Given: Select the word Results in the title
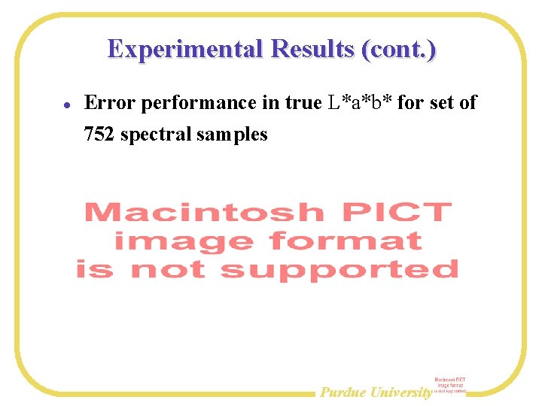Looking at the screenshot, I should [x=312, y=49].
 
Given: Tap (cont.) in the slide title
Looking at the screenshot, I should [x=399, y=49].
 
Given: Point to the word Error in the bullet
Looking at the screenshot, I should [x=111, y=102].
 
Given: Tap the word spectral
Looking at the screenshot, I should [x=157, y=135].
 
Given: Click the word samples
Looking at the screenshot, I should [x=233, y=135].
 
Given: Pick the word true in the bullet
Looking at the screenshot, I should [x=303, y=102].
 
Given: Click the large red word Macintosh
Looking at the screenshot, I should [x=204, y=213].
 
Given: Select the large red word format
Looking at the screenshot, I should [x=346, y=241].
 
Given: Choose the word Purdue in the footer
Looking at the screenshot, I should [x=344, y=392].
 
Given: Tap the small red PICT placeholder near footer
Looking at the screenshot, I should [x=450, y=386].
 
